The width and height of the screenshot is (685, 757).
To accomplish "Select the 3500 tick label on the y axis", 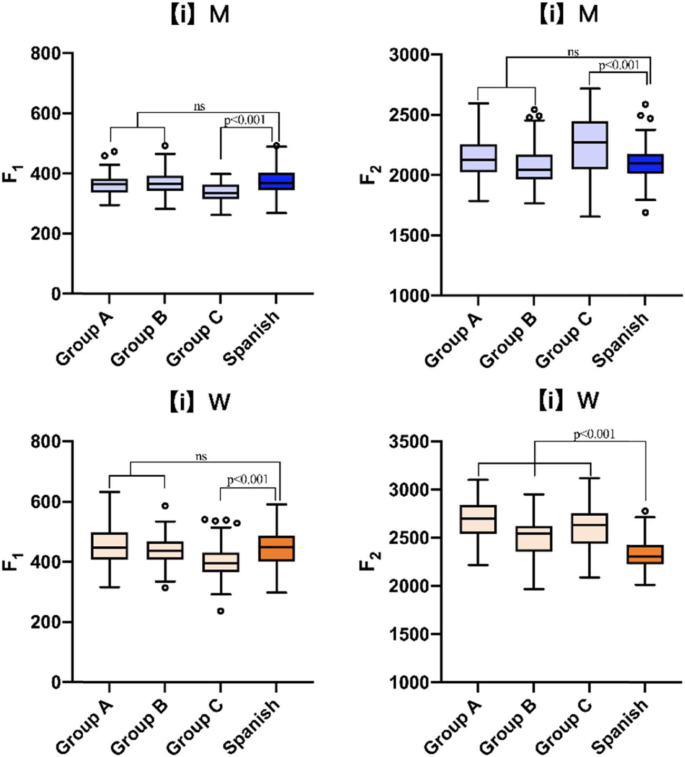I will point(408,441).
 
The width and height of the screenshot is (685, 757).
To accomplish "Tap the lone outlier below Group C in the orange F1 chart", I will point(221,611).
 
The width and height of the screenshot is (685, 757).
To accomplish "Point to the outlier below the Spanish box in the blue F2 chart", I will point(645,213).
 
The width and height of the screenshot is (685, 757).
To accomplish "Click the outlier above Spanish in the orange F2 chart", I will point(645,511).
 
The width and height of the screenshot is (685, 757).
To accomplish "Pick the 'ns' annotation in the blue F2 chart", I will point(573,52).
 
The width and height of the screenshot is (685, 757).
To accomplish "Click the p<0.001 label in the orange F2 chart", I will point(594,434).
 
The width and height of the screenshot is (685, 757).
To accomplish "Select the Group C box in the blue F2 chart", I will point(590,145).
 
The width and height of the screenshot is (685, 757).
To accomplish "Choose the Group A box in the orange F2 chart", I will point(478,519).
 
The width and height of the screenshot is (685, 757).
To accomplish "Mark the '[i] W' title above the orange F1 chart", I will point(200,402).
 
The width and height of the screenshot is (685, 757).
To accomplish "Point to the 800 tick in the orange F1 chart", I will point(46,441).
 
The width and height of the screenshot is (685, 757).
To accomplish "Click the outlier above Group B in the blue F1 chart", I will point(165,145).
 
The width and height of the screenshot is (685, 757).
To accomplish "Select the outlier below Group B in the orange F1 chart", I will point(165,587).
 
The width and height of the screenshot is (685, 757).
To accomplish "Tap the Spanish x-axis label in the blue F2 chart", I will point(620,340).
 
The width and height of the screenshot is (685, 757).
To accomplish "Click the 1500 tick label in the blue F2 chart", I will point(408,235).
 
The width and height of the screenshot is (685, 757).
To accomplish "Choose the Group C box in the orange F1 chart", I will point(221,562).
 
